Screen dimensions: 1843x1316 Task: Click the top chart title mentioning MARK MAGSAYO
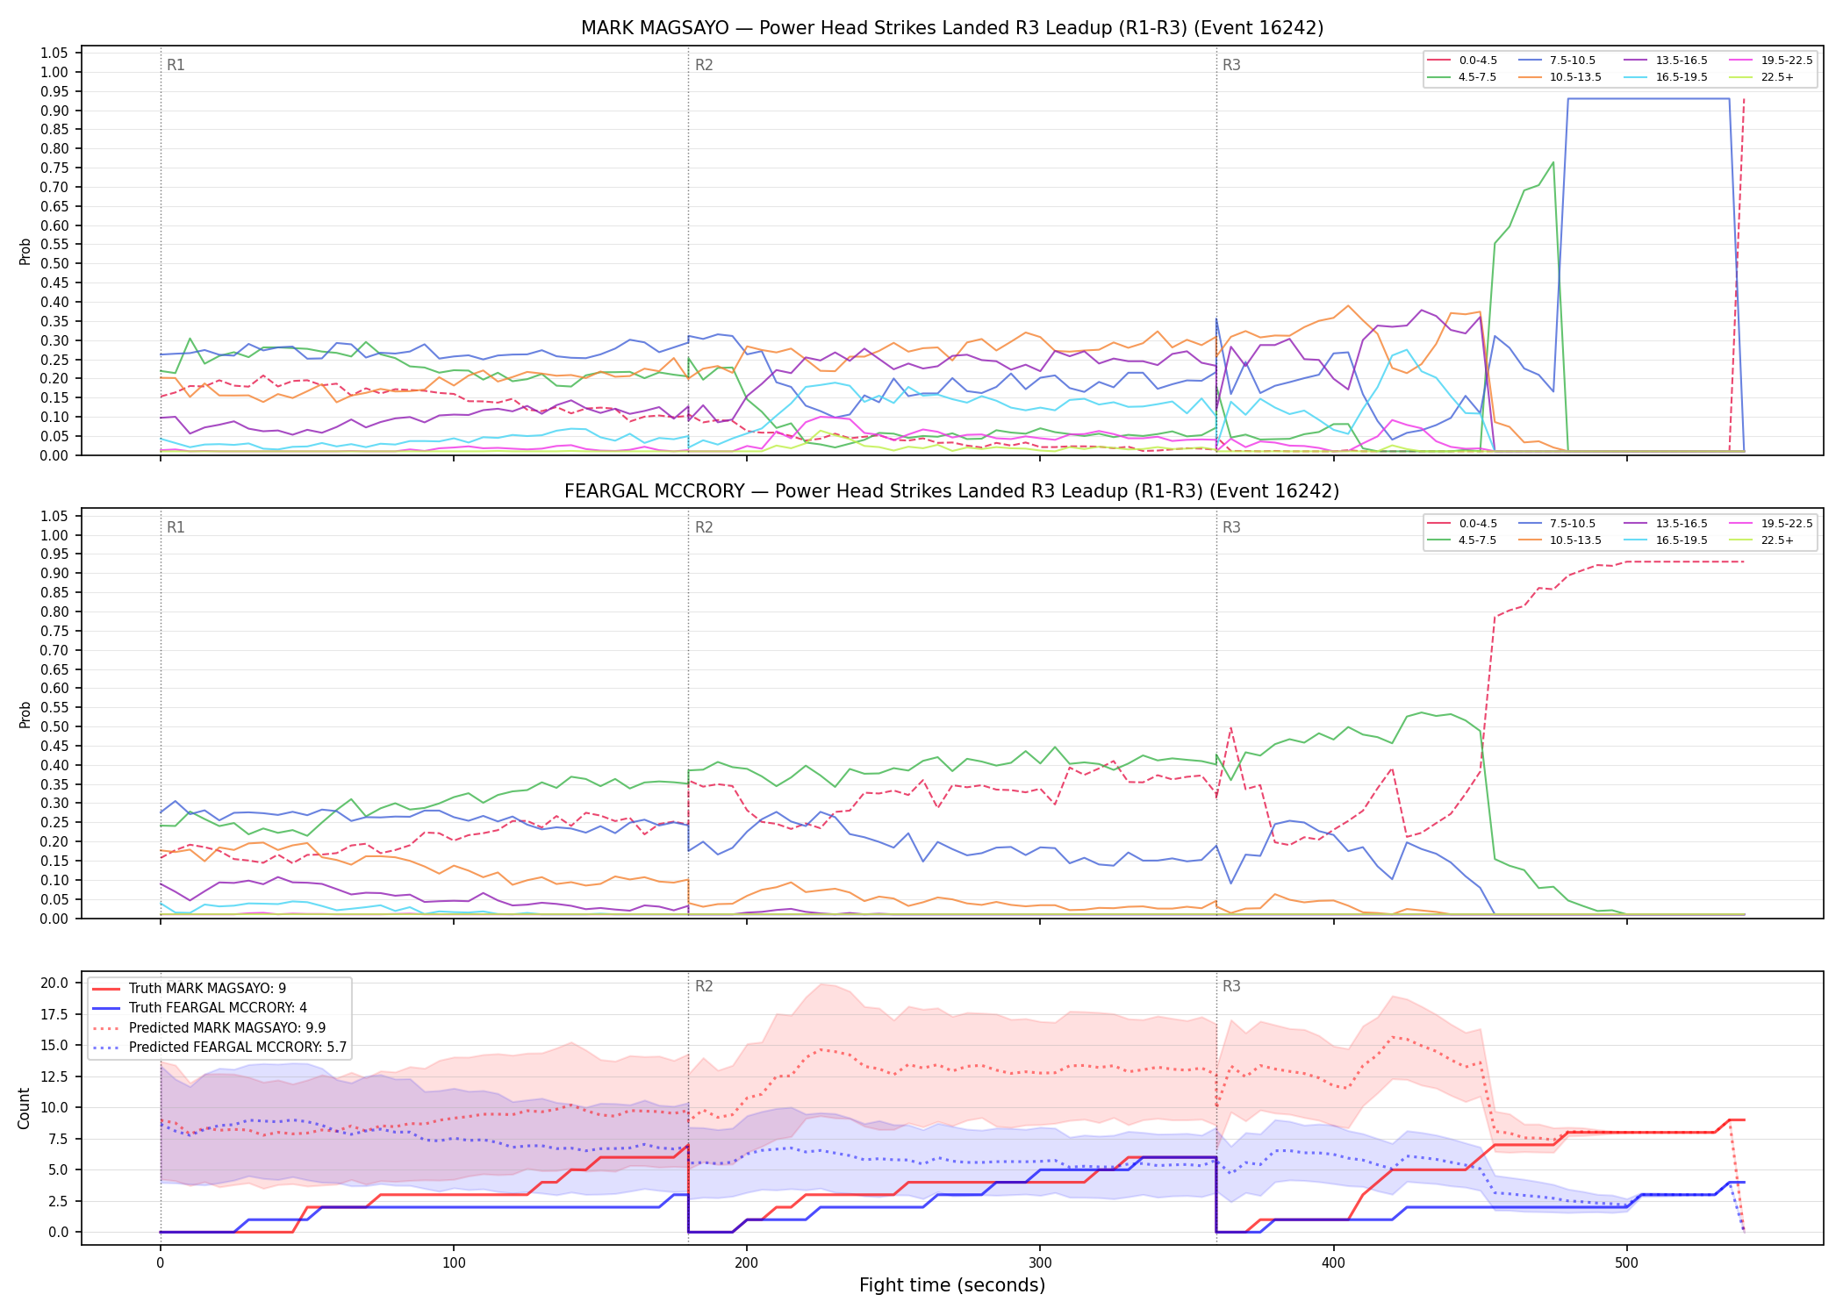click(x=952, y=28)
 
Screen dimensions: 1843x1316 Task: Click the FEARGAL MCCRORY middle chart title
click(x=952, y=491)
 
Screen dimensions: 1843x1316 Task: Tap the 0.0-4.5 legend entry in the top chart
click(x=1462, y=61)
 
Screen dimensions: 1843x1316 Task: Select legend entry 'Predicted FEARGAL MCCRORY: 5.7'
click(x=219, y=1048)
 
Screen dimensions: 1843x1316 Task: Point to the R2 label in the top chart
click(x=704, y=65)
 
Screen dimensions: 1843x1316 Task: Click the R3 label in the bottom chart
click(x=1231, y=986)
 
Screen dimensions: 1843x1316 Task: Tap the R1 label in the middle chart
click(x=176, y=527)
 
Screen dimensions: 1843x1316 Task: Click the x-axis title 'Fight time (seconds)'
click(x=952, y=1285)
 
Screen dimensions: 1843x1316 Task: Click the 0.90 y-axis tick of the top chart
click(x=54, y=111)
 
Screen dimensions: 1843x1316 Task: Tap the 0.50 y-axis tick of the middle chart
click(x=54, y=726)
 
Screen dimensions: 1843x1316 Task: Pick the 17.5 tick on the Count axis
click(x=54, y=1014)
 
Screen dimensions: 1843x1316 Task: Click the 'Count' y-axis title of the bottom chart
click(x=24, y=1108)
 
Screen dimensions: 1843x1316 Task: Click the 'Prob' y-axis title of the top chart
click(x=25, y=252)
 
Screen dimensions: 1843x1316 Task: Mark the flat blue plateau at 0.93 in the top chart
click(x=1648, y=99)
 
